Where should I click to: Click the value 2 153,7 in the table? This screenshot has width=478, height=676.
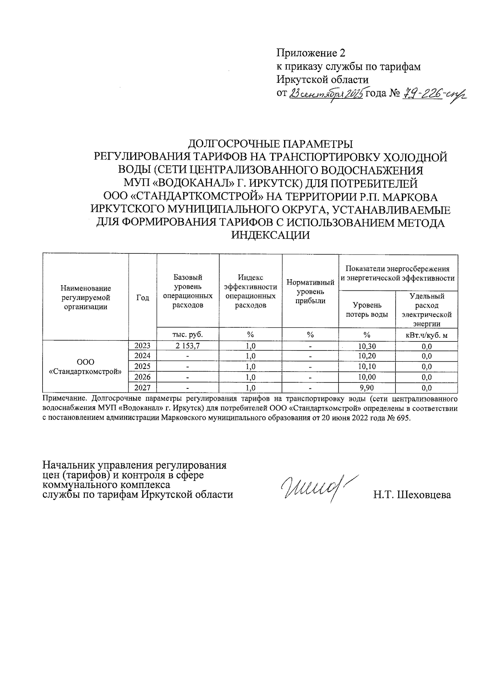pos(188,346)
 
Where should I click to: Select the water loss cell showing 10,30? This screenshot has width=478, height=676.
pos(367,346)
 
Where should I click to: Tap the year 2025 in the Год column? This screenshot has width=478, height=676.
pos(143,366)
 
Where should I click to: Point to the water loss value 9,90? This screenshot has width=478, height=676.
pos(367,387)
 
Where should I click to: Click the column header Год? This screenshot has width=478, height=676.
pos(143,298)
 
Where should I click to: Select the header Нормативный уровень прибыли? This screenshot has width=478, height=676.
pos(310,292)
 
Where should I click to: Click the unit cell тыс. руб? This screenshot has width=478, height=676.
pos(188,335)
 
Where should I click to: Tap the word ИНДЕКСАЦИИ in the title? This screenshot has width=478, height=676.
pos(270,235)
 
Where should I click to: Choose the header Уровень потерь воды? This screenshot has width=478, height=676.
pos(367,310)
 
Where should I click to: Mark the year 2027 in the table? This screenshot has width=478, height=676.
pos(143,387)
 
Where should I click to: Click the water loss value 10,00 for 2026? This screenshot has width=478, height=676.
pos(367,377)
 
